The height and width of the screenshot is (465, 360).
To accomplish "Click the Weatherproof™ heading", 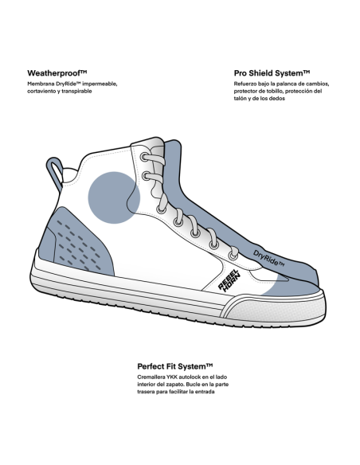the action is tap(57, 73).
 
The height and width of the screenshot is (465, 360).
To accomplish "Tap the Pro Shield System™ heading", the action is tap(272, 73).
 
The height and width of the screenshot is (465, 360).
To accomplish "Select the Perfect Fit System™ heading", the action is tap(175, 366).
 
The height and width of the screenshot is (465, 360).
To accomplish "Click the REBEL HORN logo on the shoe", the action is tap(229, 280).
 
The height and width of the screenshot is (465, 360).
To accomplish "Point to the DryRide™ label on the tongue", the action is tap(268, 258).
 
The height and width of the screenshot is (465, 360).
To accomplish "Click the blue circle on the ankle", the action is tap(114, 197).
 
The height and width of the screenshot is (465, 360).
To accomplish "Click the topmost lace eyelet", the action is tap(144, 157).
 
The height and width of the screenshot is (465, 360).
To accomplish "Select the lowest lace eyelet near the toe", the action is tap(233, 256).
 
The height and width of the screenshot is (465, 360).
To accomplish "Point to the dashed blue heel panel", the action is tap(76, 242).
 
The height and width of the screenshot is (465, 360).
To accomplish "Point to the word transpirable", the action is tap(76, 92).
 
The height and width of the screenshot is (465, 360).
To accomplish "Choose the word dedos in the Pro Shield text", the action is tap(278, 99).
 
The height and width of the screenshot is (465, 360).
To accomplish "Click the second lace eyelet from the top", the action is tap(147, 177).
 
